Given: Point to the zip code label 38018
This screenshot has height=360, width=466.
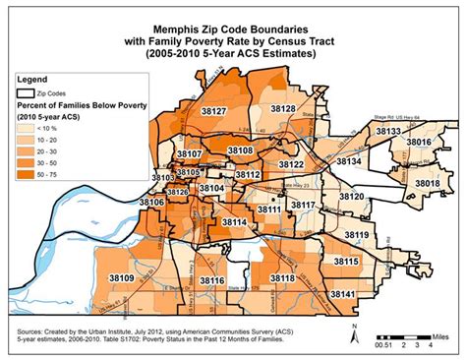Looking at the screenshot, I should click(x=428, y=183).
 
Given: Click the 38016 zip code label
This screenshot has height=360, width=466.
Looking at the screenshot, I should click(x=419, y=143).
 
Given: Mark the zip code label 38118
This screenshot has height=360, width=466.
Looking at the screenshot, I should click(x=281, y=279).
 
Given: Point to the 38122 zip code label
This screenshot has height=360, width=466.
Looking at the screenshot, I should click(x=291, y=164).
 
